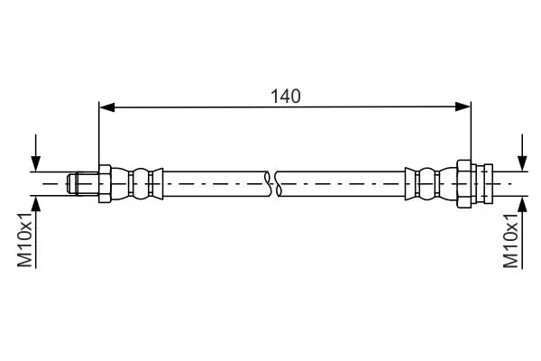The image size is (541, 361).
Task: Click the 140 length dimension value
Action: [x=285, y=97]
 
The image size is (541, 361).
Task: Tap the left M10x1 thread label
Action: [x=25, y=240]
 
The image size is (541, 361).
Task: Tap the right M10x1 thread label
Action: [x=510, y=240]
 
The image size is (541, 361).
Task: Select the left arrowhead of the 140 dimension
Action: [x=107, y=107]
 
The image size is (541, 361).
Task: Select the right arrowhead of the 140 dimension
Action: [x=463, y=106]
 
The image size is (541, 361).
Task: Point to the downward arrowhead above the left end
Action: [x=36, y=163]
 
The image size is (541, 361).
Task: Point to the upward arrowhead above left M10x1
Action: [x=36, y=204]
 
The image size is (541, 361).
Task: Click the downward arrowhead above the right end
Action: [x=522, y=163]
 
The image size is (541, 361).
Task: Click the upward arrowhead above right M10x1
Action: [x=522, y=204]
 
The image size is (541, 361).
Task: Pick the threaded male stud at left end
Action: [x=83, y=183]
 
